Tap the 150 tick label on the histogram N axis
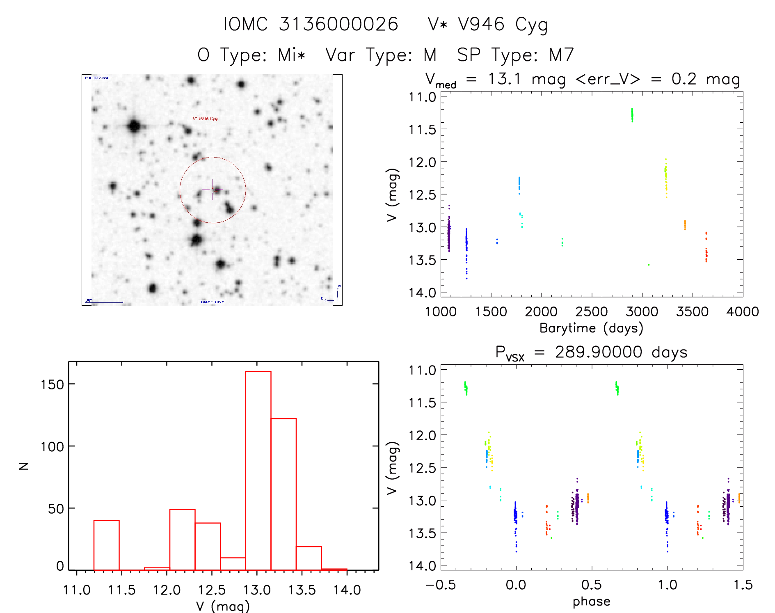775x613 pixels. (53, 384)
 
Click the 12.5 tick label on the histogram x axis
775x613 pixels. (212, 590)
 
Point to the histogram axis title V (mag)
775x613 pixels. (223, 606)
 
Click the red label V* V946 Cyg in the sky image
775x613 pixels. (205, 119)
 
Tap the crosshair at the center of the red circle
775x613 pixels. (213, 190)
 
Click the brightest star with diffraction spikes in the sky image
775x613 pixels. (134, 126)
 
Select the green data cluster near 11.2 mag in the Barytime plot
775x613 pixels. (632, 115)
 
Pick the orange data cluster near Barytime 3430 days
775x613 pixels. (685, 225)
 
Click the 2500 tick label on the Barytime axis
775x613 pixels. (592, 312)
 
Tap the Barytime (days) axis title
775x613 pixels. (591, 328)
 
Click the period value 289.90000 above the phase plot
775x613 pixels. (598, 352)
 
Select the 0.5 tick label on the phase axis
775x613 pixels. (592, 585)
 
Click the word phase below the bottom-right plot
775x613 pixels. (591, 602)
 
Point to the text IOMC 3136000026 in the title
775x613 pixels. (311, 24)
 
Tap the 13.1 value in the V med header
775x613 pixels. (504, 79)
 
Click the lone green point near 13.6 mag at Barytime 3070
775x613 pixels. (649, 265)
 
